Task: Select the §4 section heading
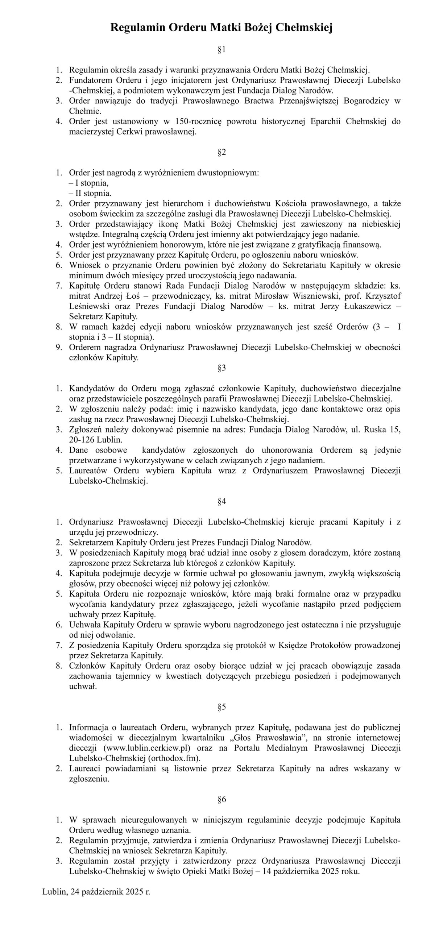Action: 221,502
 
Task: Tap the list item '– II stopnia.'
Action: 90,193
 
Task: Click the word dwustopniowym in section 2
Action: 228,173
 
